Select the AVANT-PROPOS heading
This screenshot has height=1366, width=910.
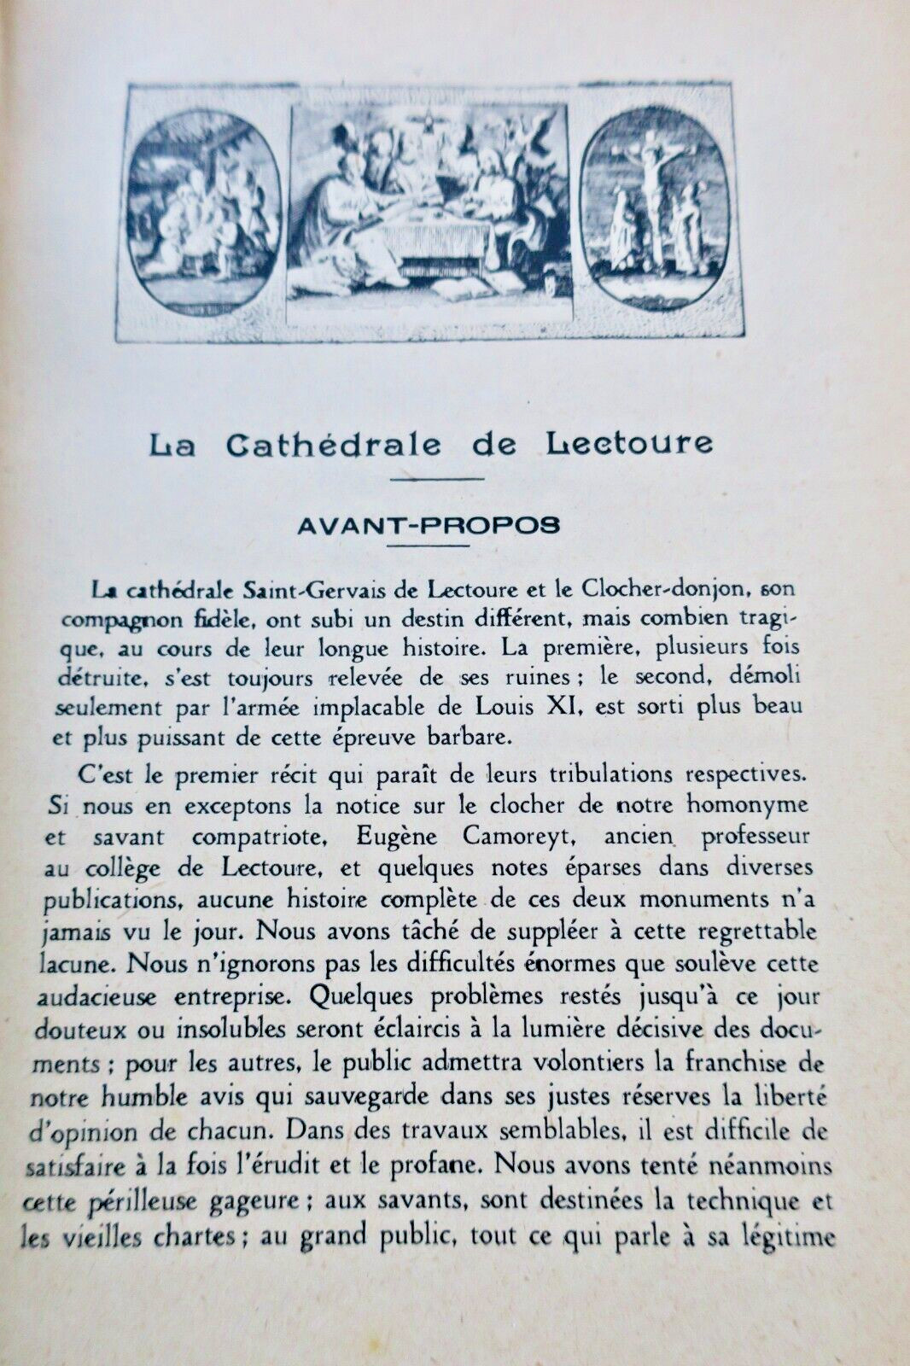click(x=429, y=525)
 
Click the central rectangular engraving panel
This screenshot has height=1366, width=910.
click(x=429, y=212)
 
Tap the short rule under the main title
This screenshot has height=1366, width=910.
click(x=436, y=478)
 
